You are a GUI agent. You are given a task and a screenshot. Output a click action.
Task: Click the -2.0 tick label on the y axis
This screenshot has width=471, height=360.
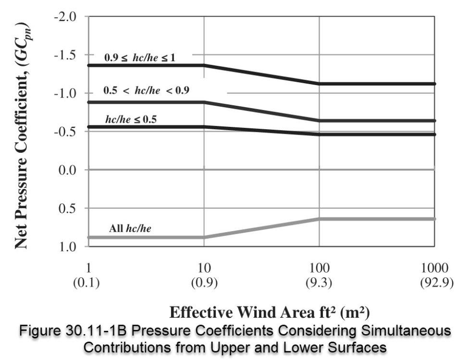coord(64,17)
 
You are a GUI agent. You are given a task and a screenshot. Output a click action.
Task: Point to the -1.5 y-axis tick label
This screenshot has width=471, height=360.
coord(64,55)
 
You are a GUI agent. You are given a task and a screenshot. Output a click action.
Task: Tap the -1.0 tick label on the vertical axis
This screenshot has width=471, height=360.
coord(64,93)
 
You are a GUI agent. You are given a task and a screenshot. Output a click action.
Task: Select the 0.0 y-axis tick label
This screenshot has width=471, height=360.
coord(67,170)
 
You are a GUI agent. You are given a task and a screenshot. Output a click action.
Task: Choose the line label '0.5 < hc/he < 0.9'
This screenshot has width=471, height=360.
coord(146,89)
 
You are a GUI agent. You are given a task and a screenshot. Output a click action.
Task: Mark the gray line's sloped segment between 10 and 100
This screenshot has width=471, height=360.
coord(262,228)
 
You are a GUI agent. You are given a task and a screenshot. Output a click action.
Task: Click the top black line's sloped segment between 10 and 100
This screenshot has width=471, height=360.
coord(262,74)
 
